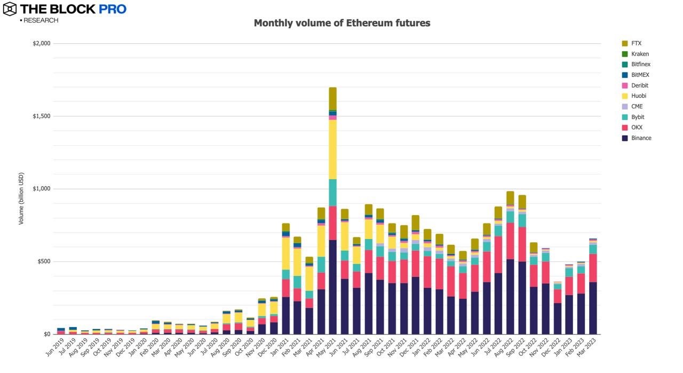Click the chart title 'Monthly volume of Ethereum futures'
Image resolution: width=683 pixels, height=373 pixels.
[x=341, y=23]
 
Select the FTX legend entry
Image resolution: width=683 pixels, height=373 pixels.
[x=636, y=43]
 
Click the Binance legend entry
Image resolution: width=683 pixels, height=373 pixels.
[x=641, y=138]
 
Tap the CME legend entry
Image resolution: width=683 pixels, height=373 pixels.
[x=637, y=107]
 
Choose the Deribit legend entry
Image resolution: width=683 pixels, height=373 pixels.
[x=639, y=85]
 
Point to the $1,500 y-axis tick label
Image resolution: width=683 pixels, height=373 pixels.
[x=41, y=116]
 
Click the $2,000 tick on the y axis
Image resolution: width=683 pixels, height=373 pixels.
[x=41, y=44]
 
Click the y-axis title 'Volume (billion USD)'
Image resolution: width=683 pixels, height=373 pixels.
[x=21, y=199]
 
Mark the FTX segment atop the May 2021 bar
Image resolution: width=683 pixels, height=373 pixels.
[x=332, y=99]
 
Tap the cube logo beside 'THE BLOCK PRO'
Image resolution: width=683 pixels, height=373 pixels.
[x=10, y=9]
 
